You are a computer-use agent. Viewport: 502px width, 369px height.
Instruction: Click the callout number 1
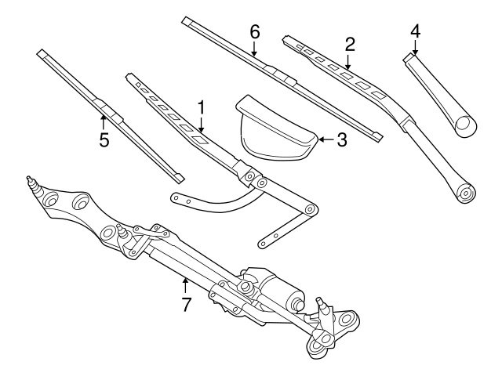pyautogui.click(x=202, y=106)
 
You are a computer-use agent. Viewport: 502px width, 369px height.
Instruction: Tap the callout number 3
pyautogui.click(x=341, y=140)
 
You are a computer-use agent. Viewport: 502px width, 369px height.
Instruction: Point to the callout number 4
pyautogui.click(x=415, y=31)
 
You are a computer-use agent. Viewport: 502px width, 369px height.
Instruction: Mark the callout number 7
pyautogui.click(x=186, y=304)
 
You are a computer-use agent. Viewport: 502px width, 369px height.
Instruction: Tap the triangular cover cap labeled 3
pyautogui.click(x=275, y=129)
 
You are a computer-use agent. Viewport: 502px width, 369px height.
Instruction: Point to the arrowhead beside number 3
pyautogui.click(x=322, y=140)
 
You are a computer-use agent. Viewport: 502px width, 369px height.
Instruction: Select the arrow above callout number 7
pyautogui.click(x=186, y=282)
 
